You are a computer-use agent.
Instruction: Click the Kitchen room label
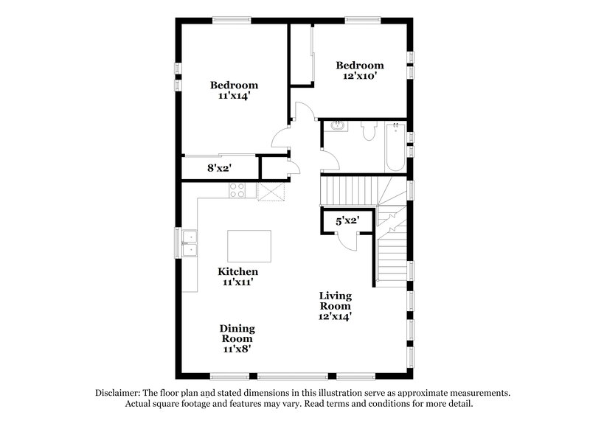237,271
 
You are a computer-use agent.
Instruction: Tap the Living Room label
335,301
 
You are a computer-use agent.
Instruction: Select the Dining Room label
237,334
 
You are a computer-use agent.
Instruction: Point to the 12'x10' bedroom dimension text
361,76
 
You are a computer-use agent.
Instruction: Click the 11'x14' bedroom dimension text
233,97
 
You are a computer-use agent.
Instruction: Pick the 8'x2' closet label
219,168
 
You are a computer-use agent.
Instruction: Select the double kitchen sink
189,243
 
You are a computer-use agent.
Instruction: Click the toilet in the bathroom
369,131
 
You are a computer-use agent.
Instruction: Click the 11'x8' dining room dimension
237,350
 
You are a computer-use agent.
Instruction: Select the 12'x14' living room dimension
335,316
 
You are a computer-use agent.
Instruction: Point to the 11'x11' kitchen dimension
237,282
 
